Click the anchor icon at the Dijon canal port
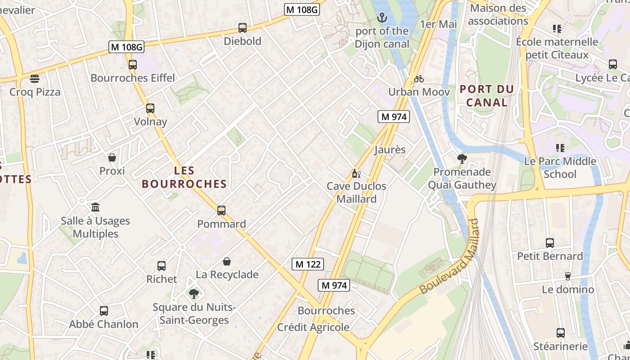[x=382, y=18]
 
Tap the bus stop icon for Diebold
[x=243, y=28]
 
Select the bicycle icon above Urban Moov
[x=419, y=79]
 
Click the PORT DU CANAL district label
[x=486, y=96]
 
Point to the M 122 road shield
[x=308, y=264]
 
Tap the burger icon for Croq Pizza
[x=35, y=79]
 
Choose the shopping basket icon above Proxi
[x=112, y=157]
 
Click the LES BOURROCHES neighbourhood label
[x=184, y=177]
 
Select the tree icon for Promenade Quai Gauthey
[x=462, y=158]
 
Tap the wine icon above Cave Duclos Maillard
[x=356, y=173]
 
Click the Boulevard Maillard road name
[x=448, y=257]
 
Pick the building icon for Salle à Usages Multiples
[x=95, y=207]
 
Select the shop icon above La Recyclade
[x=227, y=261]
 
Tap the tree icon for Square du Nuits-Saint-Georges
[x=194, y=294]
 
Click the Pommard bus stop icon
[x=221, y=210]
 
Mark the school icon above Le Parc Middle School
[x=560, y=148]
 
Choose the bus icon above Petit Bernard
[x=549, y=243]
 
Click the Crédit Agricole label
[x=313, y=327]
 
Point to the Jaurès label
[x=390, y=149]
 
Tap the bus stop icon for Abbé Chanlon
[x=104, y=310]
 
